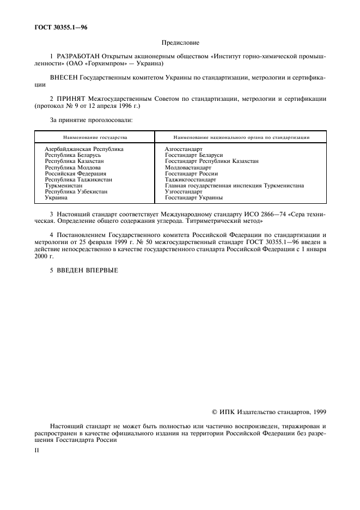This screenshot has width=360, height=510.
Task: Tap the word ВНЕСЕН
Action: pyautogui.click(x=63, y=78)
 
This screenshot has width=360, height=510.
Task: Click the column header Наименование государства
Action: pyautogui.click(x=95, y=137)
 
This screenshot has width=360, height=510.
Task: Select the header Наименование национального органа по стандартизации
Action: pyautogui.click(x=241, y=137)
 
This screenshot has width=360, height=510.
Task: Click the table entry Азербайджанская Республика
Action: pyautogui.click(x=84, y=149)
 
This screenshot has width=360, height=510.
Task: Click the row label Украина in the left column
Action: pyautogui.click(x=56, y=198)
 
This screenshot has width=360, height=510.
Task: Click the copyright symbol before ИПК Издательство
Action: pyautogui.click(x=215, y=412)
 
